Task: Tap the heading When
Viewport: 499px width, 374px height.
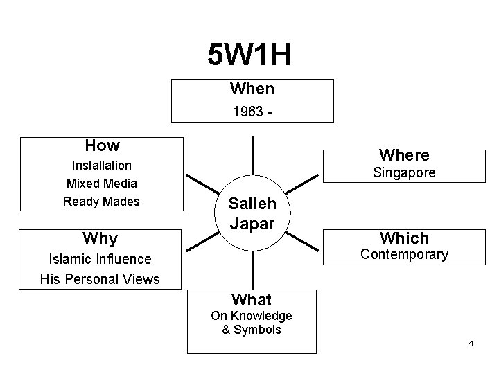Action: pyautogui.click(x=252, y=89)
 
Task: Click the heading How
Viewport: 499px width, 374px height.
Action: pyautogui.click(x=102, y=145)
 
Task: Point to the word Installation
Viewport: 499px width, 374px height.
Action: pyautogui.click(x=102, y=166)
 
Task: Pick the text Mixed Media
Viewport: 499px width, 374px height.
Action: pyautogui.click(x=102, y=184)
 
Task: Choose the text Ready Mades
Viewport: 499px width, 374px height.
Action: pyautogui.click(x=102, y=202)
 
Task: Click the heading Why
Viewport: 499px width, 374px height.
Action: pyautogui.click(x=100, y=239)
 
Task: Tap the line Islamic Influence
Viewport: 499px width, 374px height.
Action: pyautogui.click(x=100, y=260)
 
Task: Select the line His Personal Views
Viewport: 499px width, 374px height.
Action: pyautogui.click(x=100, y=279)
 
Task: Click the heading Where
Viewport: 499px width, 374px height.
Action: pyautogui.click(x=404, y=155)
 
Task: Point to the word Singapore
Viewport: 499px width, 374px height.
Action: pyautogui.click(x=404, y=173)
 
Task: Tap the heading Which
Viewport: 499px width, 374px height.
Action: pyautogui.click(x=404, y=238)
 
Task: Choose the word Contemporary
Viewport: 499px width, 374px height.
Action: pyautogui.click(x=404, y=255)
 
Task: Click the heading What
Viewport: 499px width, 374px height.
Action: pyautogui.click(x=252, y=300)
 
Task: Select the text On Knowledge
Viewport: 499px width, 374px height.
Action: pyautogui.click(x=252, y=317)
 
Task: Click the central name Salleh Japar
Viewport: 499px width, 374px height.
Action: pyautogui.click(x=252, y=213)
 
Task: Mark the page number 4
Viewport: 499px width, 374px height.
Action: pyautogui.click(x=471, y=344)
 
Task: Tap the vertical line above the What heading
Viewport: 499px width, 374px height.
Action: pyautogui.click(x=252, y=270)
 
